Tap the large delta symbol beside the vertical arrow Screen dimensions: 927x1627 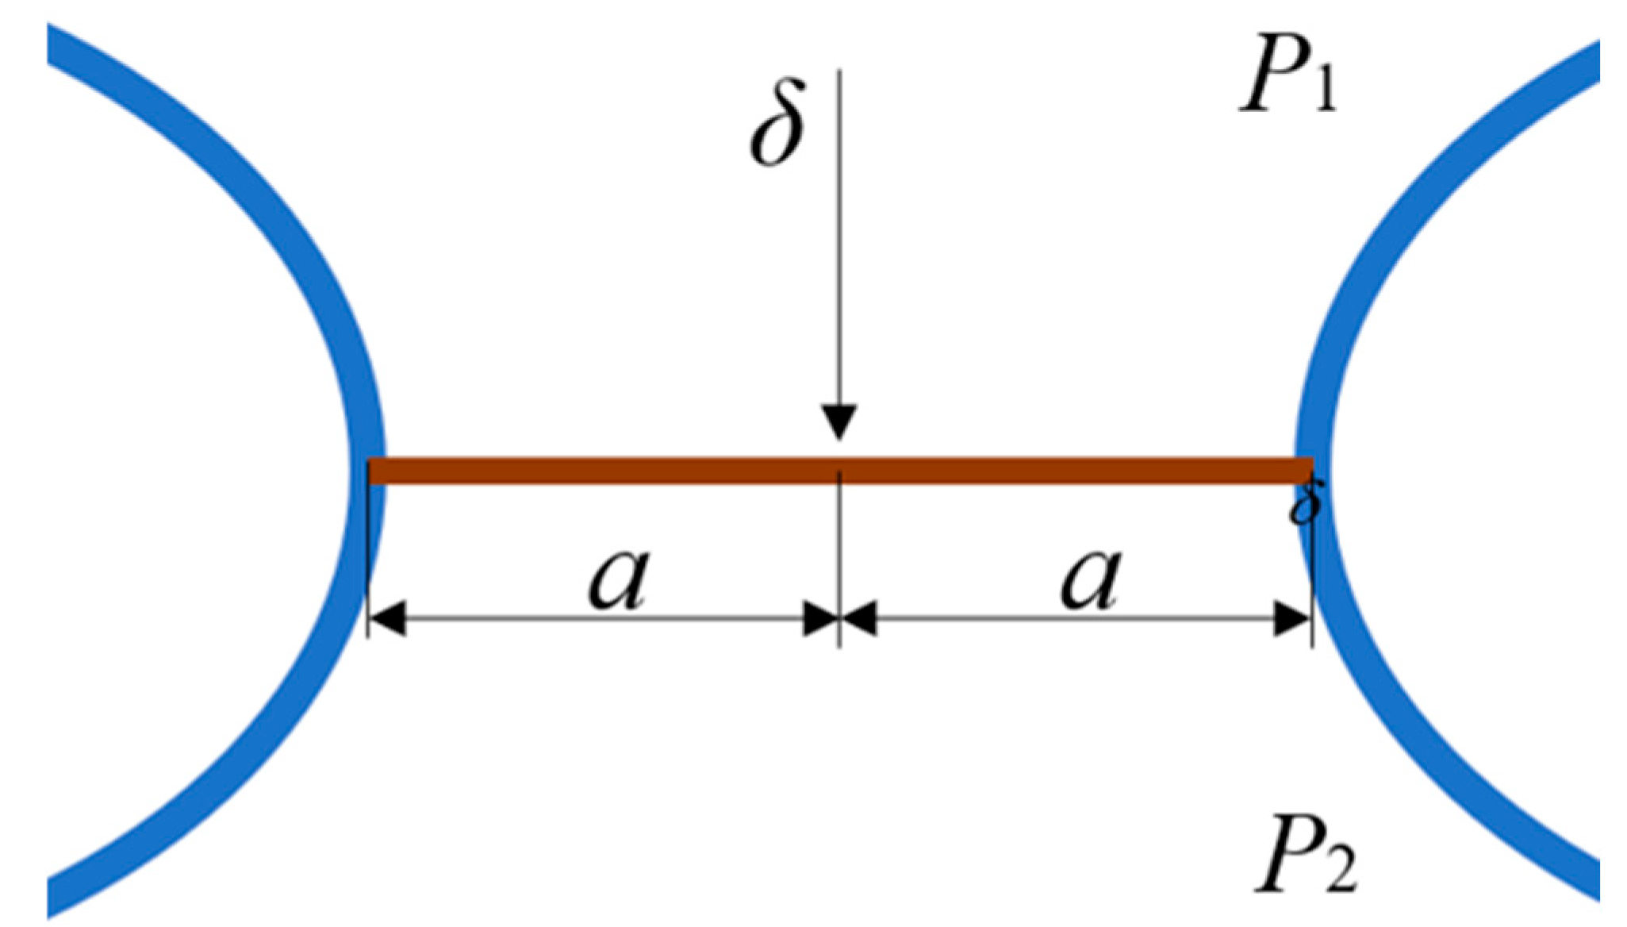point(778,123)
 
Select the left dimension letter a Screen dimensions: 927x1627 point(620,578)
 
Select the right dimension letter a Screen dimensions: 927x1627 point(1092,578)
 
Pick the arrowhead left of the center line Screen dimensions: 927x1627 point(820,618)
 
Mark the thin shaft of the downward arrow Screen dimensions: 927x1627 point(839,238)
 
